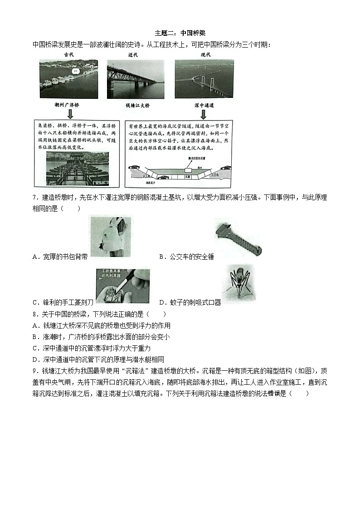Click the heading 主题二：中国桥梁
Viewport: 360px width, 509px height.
pyautogui.click(x=180, y=33)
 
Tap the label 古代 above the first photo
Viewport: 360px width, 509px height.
pyautogui.click(x=69, y=55)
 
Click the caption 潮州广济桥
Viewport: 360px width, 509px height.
pyautogui.click(x=67, y=105)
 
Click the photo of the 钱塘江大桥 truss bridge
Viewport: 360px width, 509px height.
pyautogui.click(x=136, y=79)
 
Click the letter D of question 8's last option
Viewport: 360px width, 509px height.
pyautogui.click(x=35, y=359)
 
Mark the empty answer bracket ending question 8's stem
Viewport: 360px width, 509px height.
pyautogui.click(x=157, y=314)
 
